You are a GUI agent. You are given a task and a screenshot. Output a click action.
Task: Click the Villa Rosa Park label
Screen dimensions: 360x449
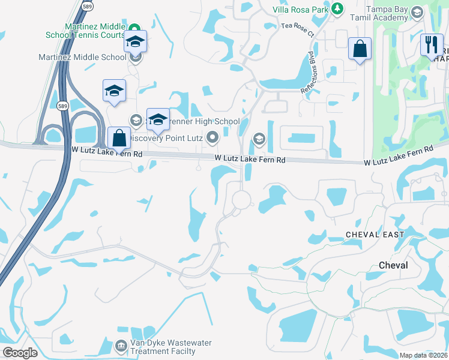coord(301,10)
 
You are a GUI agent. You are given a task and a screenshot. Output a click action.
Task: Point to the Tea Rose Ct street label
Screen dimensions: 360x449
coord(298,30)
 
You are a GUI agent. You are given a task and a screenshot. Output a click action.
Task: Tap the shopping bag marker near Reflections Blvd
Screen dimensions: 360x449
coord(360,49)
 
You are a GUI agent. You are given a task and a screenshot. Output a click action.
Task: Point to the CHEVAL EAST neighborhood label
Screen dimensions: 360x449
coord(375,234)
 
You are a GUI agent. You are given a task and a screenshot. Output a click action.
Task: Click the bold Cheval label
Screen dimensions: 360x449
coord(393,265)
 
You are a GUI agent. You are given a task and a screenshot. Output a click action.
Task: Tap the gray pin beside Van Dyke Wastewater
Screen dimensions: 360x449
coord(122,347)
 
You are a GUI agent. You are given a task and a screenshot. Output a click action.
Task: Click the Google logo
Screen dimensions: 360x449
coord(20,353)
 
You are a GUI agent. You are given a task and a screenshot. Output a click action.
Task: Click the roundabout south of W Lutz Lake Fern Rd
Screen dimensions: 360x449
coord(241,199)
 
